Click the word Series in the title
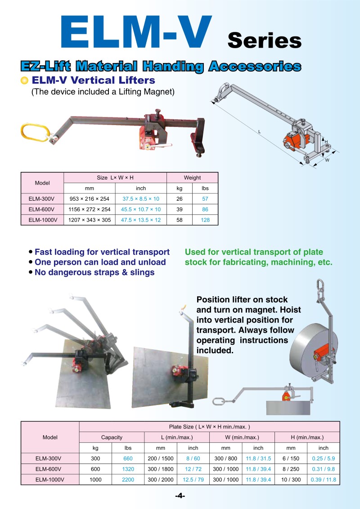coord(264,40)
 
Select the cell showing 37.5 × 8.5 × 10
coord(140,198)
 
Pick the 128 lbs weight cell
coord(205,220)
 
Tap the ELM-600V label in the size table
coord(42,209)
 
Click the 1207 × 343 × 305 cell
coord(90,220)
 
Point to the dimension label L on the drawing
coord(260,132)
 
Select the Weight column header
coord(192,178)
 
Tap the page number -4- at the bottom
coord(180,496)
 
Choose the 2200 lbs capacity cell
coord(128,480)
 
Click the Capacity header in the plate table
coord(112,437)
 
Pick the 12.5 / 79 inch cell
coord(193,480)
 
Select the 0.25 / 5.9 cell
coord(323,459)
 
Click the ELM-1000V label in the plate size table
coord(49,480)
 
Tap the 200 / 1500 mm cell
coord(160,459)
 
